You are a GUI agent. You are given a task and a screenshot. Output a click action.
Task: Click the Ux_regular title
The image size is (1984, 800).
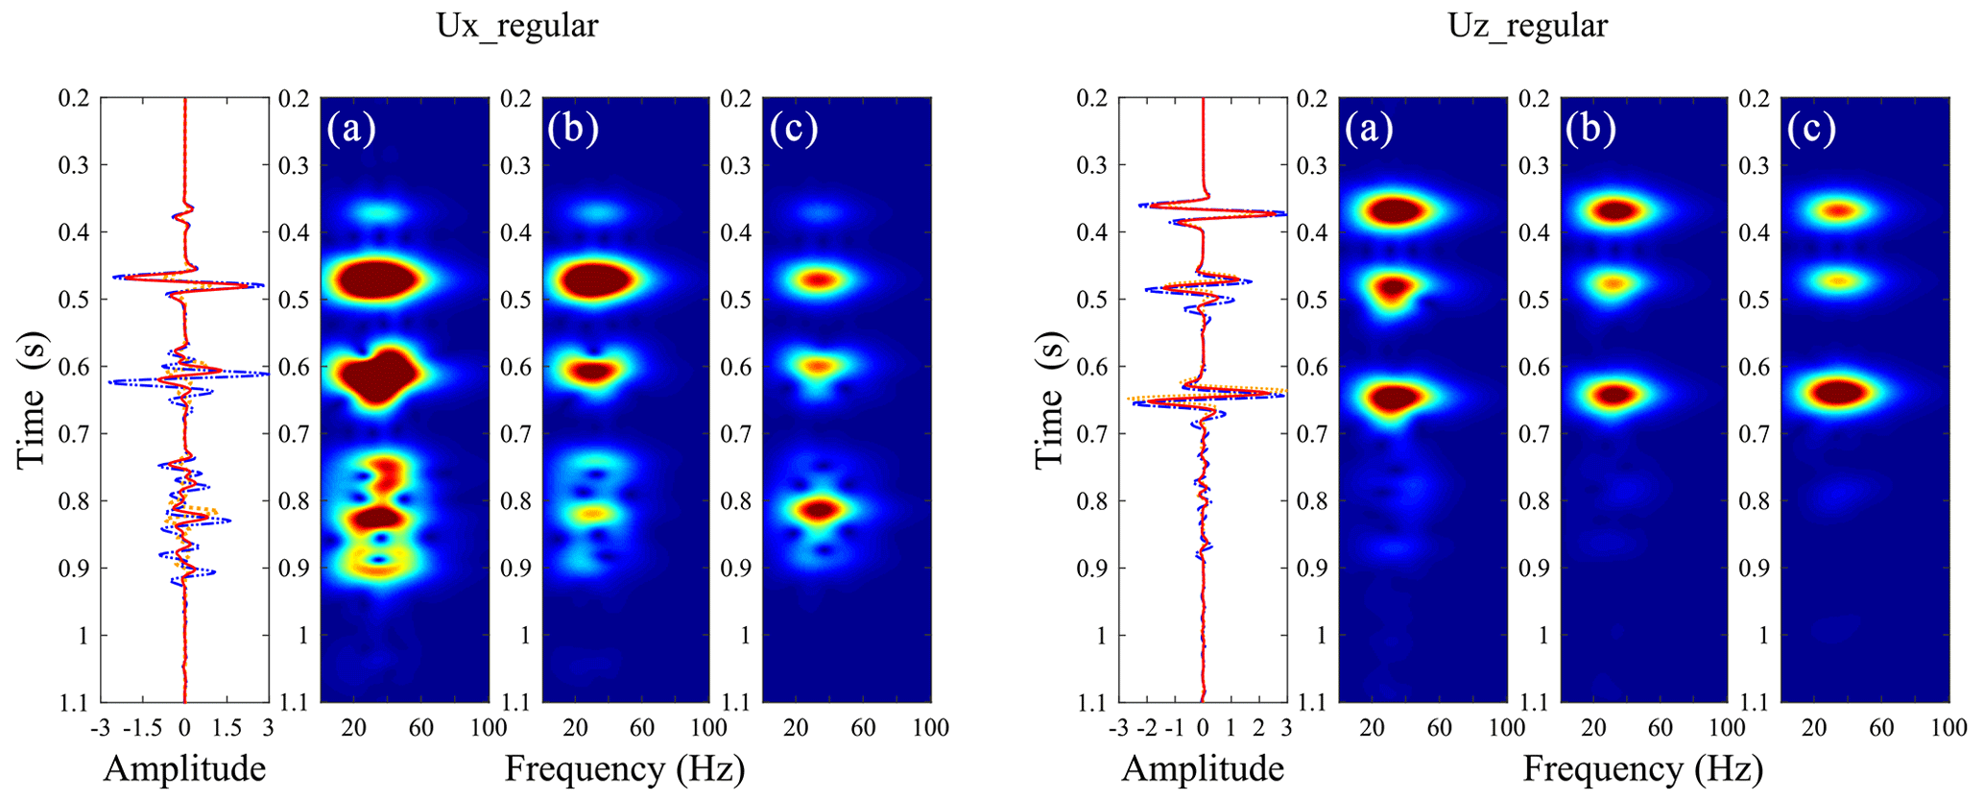click(x=516, y=26)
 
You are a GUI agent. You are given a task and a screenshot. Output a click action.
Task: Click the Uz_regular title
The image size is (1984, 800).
click(x=1527, y=26)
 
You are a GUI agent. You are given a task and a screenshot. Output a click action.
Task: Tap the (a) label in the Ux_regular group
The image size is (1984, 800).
click(x=351, y=128)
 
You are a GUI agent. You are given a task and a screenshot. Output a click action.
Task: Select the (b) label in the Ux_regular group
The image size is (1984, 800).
click(x=573, y=128)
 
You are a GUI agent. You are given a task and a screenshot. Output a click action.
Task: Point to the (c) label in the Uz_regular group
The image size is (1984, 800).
click(x=1811, y=128)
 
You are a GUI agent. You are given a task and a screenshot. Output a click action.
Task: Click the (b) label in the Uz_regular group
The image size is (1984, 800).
click(x=1590, y=128)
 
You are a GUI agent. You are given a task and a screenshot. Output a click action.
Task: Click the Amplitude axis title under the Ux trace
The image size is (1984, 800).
click(x=184, y=768)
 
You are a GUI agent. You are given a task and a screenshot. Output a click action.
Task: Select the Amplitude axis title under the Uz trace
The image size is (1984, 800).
click(x=1203, y=768)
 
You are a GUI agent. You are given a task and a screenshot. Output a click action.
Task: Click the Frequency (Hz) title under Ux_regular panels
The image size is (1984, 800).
click(x=625, y=768)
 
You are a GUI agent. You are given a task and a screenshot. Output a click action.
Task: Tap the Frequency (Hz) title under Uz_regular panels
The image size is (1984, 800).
click(x=1642, y=768)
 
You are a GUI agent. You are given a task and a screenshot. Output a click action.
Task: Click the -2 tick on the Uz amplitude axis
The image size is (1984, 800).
click(x=1145, y=728)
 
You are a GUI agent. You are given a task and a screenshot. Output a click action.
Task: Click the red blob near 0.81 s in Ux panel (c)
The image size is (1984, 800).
click(x=817, y=510)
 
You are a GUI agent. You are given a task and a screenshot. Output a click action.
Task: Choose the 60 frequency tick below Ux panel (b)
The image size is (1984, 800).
click(x=642, y=728)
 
